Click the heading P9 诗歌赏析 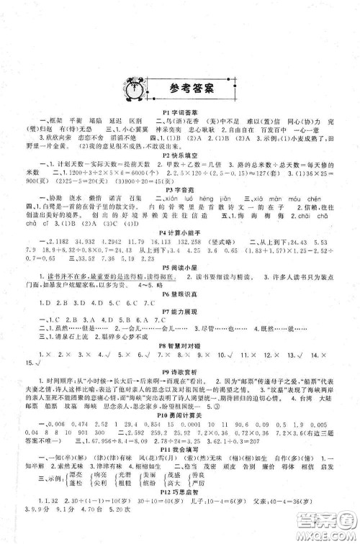(x=179, y=396)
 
